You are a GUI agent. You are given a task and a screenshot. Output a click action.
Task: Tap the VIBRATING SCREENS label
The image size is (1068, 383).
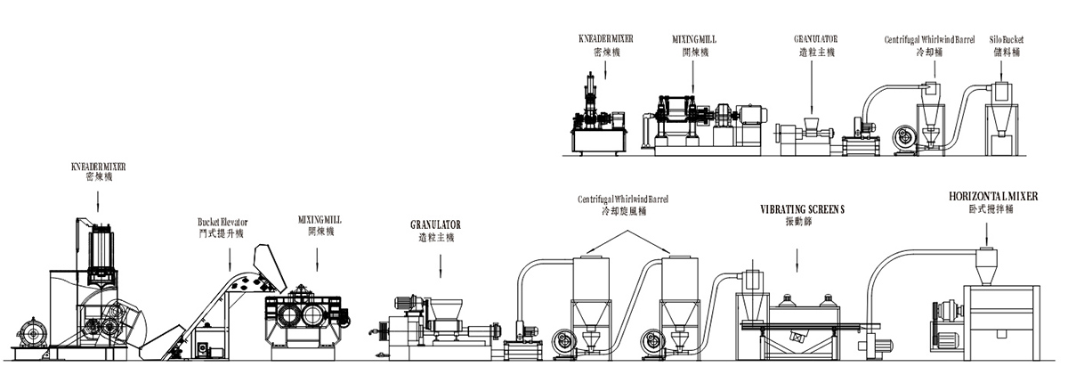pos(802,210)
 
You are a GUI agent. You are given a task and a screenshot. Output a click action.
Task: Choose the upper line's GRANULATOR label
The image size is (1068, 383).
pos(815,40)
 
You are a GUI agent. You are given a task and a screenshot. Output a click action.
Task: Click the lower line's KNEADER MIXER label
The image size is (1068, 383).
pos(98,167)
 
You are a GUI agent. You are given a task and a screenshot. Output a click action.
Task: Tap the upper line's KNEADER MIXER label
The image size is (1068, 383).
pos(600,40)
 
